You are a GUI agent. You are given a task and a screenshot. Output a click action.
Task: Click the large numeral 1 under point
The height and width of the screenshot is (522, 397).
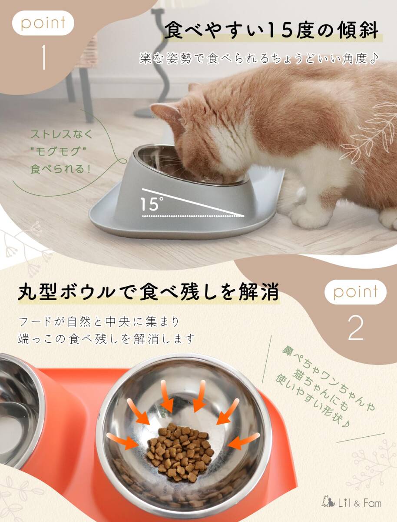pos(43,57)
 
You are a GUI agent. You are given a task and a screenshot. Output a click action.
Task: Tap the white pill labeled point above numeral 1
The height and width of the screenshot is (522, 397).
pos(43,23)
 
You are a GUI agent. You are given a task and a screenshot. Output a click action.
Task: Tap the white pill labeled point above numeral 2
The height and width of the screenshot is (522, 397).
pos(355,292)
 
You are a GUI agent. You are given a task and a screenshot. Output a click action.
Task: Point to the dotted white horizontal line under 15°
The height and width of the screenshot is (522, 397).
pos(193,216)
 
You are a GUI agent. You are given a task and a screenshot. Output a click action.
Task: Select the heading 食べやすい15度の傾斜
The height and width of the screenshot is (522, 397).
pos(271,31)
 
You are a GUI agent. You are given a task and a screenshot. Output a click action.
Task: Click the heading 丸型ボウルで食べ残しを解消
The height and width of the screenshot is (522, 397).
pos(148,291)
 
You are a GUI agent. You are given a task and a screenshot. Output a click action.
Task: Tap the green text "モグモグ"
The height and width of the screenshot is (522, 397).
pos(58,151)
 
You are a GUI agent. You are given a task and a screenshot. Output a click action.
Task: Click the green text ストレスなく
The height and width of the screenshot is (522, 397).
pos(62,134)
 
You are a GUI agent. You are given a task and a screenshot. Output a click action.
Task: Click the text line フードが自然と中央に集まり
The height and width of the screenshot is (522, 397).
pos(99,322)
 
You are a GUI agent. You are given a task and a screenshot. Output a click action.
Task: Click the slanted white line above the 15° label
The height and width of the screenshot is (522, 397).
pos(193,202)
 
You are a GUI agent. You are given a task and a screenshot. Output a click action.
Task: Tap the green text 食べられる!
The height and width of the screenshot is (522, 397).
pos(60,169)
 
